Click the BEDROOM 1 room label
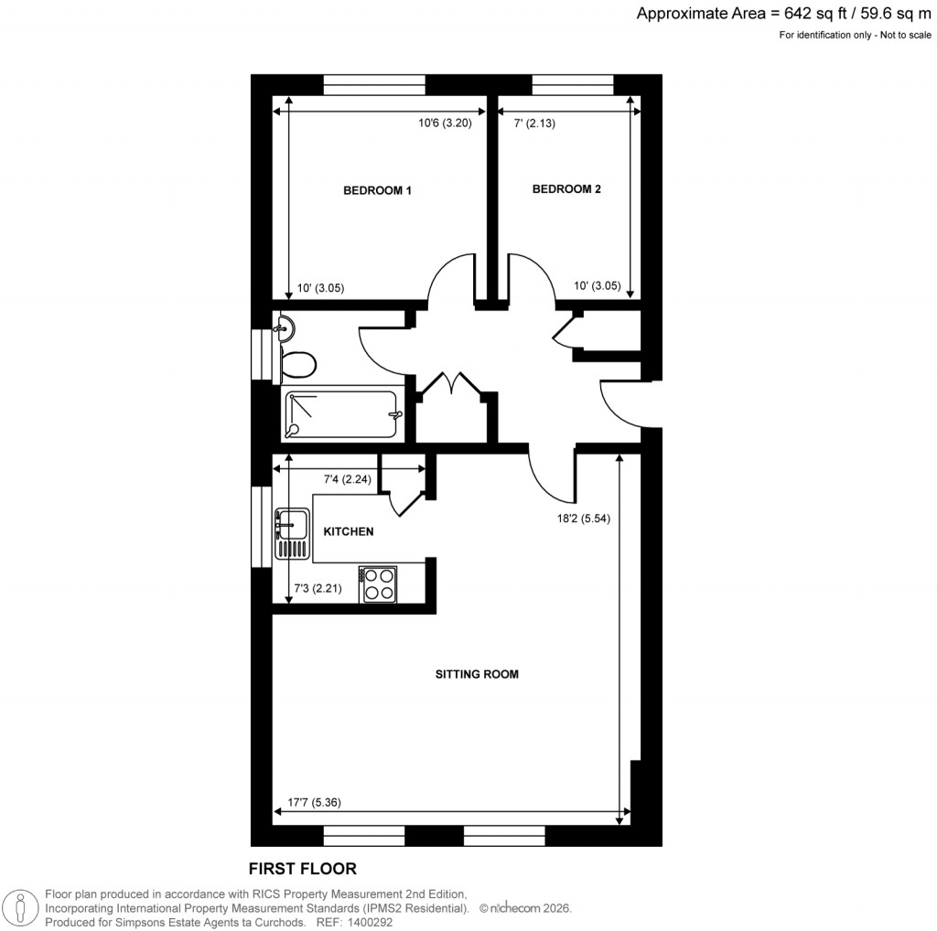click(x=378, y=191)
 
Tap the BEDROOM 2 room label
click(x=566, y=189)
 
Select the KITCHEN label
click(x=349, y=531)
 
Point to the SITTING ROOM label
click(x=476, y=675)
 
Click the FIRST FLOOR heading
click(x=302, y=868)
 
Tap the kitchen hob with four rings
click(x=379, y=583)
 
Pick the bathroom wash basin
click(x=283, y=326)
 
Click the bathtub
click(x=341, y=414)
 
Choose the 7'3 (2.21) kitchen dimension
click(x=317, y=589)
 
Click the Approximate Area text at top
click(x=784, y=13)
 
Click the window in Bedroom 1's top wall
click(x=375, y=85)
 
